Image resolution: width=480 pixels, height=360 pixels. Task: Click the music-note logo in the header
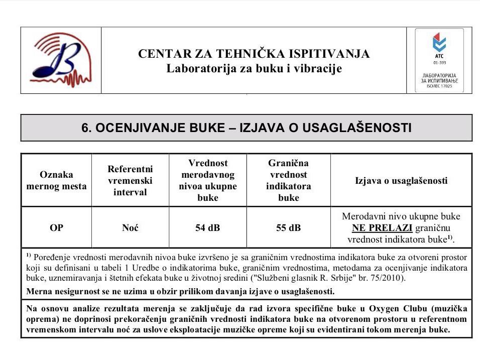tap(61, 60)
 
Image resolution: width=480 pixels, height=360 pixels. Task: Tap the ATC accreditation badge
tap(439, 60)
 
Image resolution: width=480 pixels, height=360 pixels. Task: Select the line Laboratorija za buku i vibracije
tap(254, 68)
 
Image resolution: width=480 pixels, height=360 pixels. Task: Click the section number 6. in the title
tap(86, 128)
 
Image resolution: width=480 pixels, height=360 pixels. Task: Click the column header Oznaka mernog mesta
tap(56, 180)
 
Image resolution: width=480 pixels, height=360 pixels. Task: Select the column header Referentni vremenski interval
tap(130, 180)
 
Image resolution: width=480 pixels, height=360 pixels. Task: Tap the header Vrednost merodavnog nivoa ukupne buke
tap(207, 180)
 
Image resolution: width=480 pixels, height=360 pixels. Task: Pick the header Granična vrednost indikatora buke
tap(288, 180)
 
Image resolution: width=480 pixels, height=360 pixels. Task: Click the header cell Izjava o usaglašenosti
tap(401, 180)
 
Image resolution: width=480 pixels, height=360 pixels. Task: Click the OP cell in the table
tap(56, 228)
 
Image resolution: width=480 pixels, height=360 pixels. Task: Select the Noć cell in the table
tap(130, 228)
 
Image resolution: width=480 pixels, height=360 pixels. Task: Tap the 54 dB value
tap(207, 228)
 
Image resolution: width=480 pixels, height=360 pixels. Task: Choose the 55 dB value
tap(288, 228)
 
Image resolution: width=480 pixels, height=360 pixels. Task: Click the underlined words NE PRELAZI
tap(382, 228)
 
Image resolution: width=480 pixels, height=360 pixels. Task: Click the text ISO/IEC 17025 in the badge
tap(439, 86)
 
